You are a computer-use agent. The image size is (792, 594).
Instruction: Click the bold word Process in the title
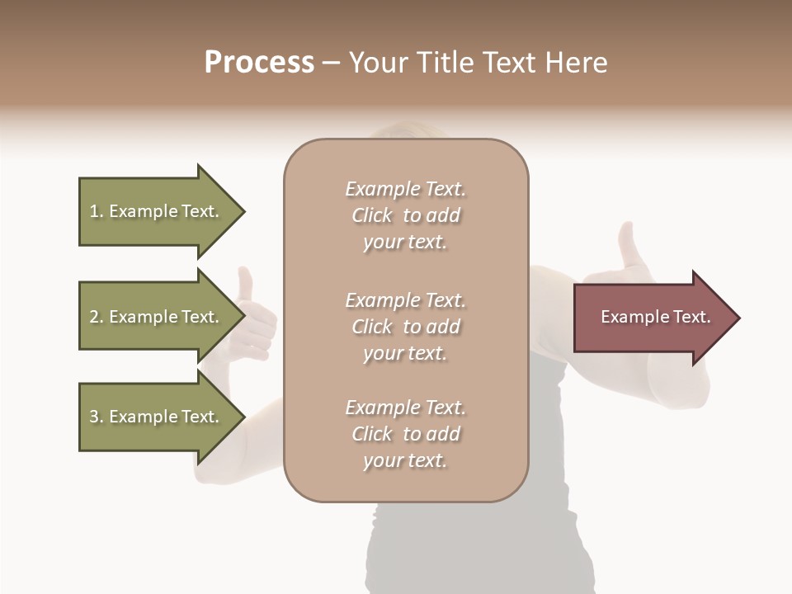(259, 63)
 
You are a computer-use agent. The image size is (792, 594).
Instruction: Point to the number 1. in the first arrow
(97, 212)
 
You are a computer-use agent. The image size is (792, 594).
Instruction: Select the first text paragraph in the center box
(405, 215)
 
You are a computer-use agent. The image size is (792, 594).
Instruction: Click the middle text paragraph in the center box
(405, 327)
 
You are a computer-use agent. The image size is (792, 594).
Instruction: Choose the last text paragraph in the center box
(405, 434)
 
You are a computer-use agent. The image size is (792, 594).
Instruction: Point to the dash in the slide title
(332, 63)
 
